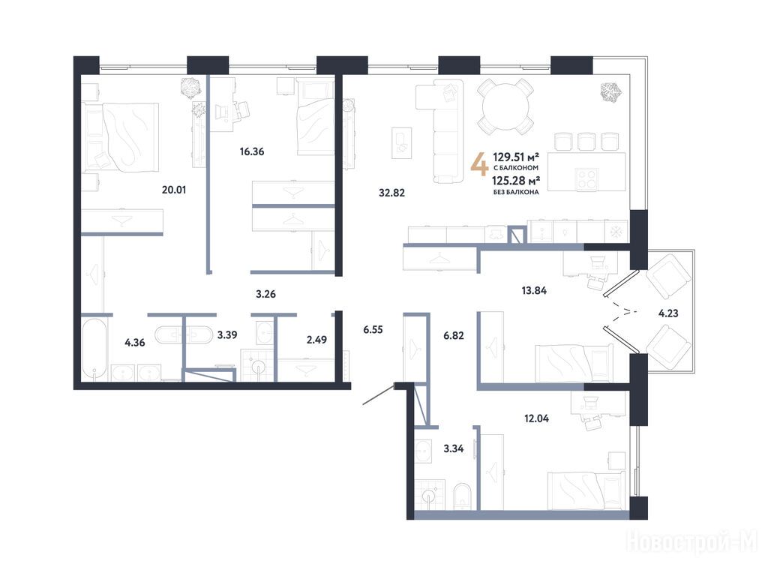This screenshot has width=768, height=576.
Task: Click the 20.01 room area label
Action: [x=174, y=190]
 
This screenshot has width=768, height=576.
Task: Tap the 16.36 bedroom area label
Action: [x=252, y=151]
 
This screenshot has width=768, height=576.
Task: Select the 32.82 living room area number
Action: [x=391, y=193]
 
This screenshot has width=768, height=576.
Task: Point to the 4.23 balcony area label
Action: [x=668, y=313]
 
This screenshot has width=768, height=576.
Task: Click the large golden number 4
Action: [x=479, y=164]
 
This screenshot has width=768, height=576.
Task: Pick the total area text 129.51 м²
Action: [x=516, y=157]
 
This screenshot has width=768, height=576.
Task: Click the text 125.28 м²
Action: [x=516, y=181]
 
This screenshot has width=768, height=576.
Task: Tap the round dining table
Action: [x=506, y=107]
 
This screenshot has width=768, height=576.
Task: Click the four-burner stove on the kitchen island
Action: [x=586, y=178]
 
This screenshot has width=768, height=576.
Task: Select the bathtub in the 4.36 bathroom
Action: [x=94, y=349]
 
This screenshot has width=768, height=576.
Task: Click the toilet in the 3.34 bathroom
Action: [x=462, y=496]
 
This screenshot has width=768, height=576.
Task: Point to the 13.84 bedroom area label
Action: [x=534, y=290]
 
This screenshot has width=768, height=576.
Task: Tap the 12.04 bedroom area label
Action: [x=536, y=418]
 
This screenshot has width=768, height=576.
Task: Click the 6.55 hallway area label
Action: [x=373, y=330]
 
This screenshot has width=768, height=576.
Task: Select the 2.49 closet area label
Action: [x=316, y=340]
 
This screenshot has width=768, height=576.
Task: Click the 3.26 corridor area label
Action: [x=265, y=294]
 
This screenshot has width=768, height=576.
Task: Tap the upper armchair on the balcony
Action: [x=667, y=277]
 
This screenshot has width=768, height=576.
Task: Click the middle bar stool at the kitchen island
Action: [x=586, y=141]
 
